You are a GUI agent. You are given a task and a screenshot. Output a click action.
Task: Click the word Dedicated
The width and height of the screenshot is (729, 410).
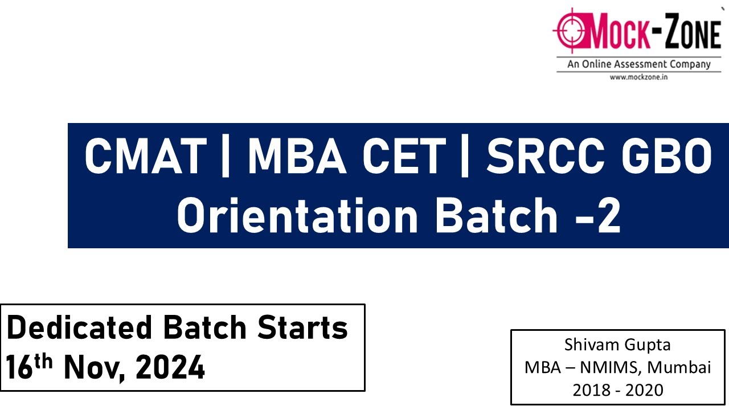pos(80,328)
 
